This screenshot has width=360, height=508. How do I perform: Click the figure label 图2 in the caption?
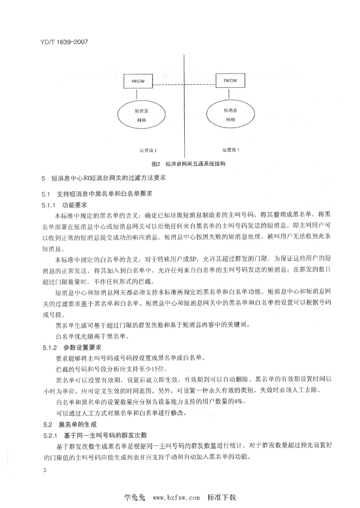(x=157, y=163)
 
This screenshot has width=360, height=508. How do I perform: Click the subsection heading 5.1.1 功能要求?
(x=65, y=203)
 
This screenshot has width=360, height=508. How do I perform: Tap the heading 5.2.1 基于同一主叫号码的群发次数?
(x=94, y=435)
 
